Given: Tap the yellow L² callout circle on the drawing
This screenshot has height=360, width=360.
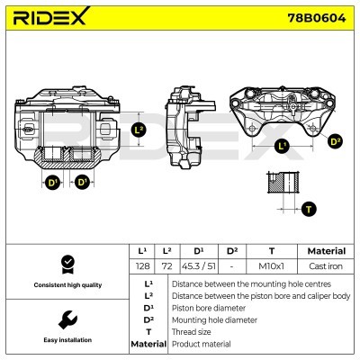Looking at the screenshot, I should (139, 130).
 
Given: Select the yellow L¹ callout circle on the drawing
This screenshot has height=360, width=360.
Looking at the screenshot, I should (281, 145).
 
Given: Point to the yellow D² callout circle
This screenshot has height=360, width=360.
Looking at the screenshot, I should (334, 141).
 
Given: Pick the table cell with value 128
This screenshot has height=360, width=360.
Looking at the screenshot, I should (141, 266).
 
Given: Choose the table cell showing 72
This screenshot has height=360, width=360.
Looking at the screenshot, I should (165, 266).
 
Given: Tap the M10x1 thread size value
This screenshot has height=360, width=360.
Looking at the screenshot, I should (272, 266).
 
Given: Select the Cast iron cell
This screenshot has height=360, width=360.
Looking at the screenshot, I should (326, 266).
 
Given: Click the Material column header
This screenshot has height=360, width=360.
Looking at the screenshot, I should (326, 251).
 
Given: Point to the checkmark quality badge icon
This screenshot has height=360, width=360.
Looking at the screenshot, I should (67, 265).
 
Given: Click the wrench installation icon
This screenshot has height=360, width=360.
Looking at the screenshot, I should (67, 319).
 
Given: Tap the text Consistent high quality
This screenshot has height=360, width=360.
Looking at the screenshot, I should (67, 284).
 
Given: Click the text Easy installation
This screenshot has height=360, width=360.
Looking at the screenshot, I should (67, 340).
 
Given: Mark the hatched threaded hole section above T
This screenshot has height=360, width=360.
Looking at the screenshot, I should (285, 183).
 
